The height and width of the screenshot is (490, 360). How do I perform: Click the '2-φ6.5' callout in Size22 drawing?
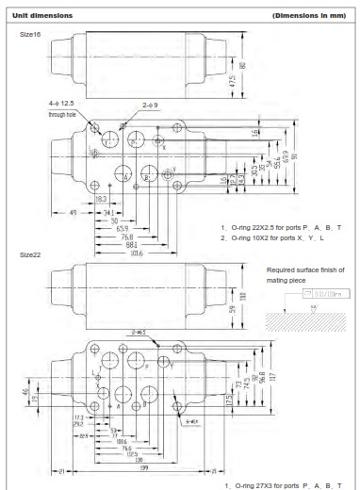[145, 332]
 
